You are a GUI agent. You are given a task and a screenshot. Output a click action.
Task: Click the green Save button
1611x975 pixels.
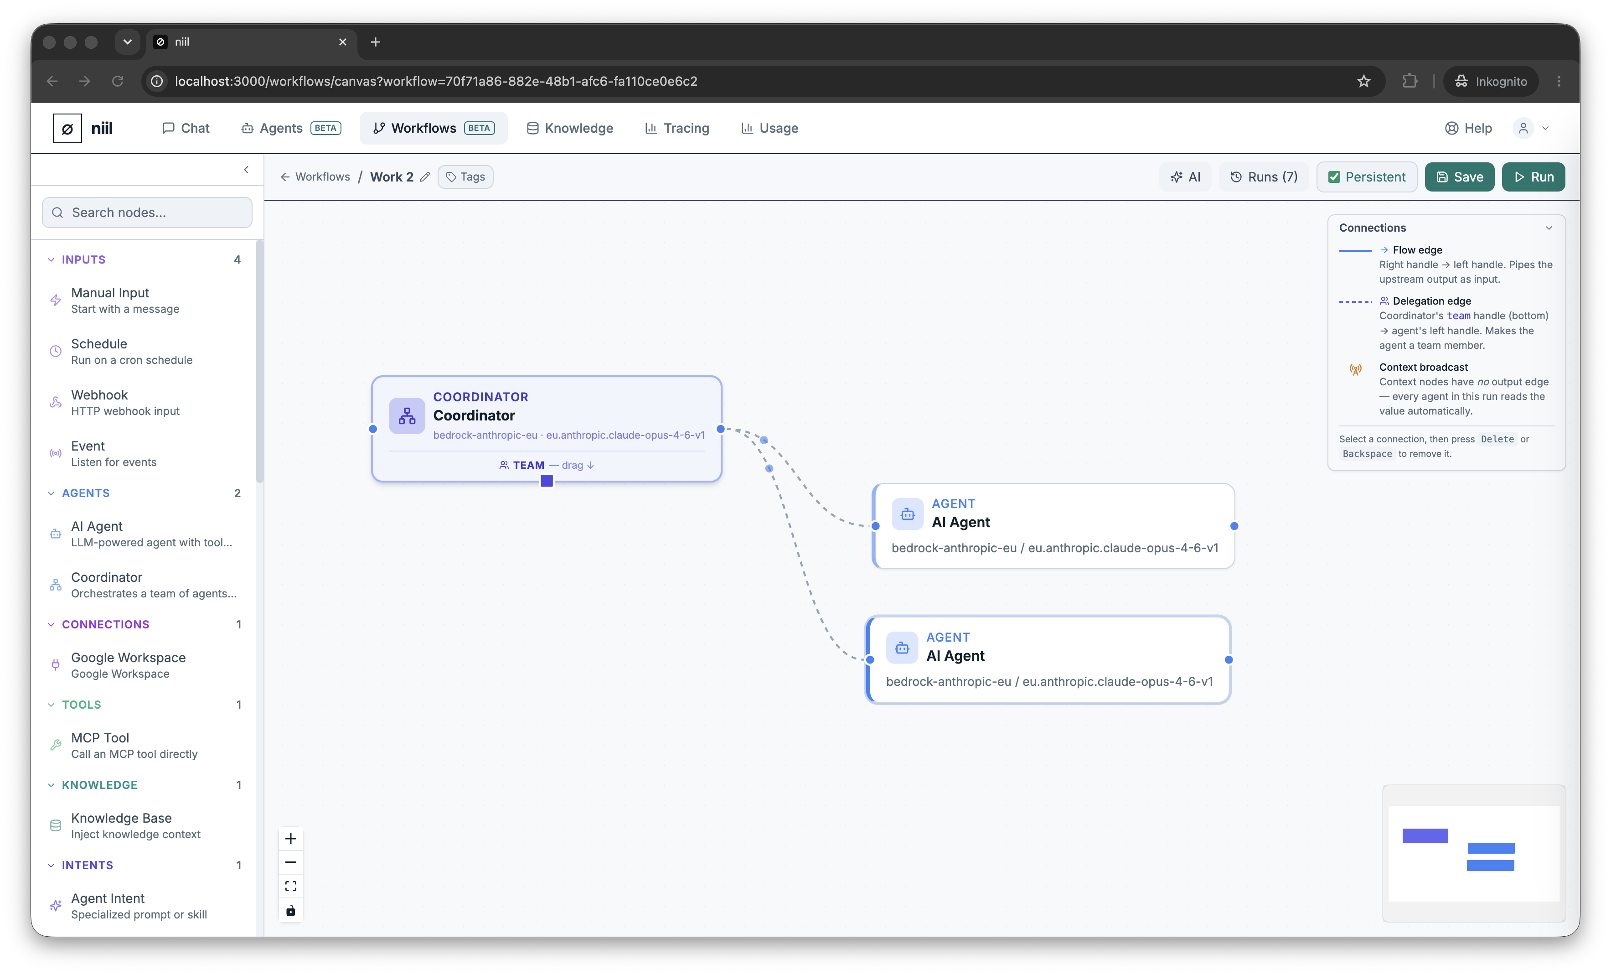(1459, 176)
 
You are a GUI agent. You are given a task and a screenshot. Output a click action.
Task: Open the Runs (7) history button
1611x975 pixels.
(1263, 176)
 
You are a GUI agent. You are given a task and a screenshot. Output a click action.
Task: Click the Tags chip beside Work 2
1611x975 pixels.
(465, 176)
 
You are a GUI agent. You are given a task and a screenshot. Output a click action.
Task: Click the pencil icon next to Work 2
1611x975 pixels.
(425, 176)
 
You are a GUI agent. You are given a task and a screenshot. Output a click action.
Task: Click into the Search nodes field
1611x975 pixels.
(147, 213)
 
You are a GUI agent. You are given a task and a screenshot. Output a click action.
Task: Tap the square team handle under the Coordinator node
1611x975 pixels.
(547, 481)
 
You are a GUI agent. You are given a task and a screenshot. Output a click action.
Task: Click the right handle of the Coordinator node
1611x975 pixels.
(721, 429)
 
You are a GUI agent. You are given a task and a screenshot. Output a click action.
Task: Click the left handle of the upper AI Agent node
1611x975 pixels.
(875, 526)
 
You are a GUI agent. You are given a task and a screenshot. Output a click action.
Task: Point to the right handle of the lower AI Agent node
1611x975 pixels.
(1229, 660)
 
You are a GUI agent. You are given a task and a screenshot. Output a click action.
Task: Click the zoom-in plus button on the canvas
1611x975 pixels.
(291, 838)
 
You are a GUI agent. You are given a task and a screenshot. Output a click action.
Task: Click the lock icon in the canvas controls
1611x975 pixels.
(291, 910)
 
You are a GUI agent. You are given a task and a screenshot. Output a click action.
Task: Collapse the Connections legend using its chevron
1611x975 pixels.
(1548, 228)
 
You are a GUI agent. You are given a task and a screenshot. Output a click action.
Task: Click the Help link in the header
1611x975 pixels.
(1468, 128)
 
